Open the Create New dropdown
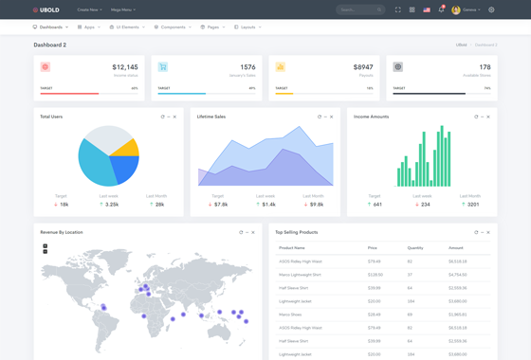point(89,10)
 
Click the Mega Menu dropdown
point(123,10)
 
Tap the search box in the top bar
point(359,10)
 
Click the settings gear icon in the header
point(491,10)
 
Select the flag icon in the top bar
point(427,10)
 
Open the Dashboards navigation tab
point(50,27)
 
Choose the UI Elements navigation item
point(127,27)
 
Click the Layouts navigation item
point(247,27)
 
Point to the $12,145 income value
point(124,67)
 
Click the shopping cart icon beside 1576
point(163,67)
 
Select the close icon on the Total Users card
point(174,117)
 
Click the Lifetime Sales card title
point(211,117)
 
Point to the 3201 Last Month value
point(472,205)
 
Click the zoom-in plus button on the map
point(45,246)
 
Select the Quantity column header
point(415,248)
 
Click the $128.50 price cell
point(375,275)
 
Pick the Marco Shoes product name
point(291,315)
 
